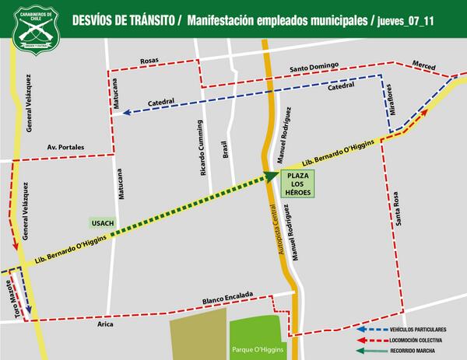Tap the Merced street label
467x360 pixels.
click(424, 68)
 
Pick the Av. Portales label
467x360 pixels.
click(65, 146)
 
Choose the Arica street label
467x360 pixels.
click(107, 325)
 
